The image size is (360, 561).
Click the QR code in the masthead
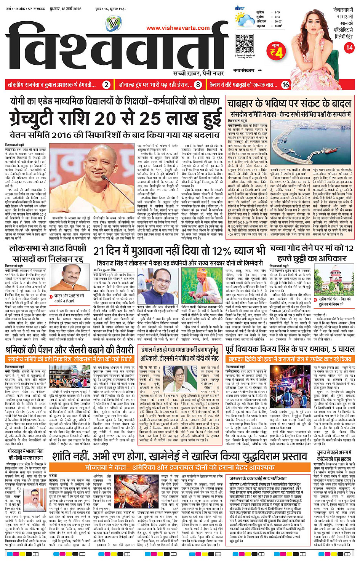tap(244, 43)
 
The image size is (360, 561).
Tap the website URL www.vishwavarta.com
tap(178, 28)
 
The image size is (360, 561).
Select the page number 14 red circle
tap(349, 48)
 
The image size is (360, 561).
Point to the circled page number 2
tap(107, 85)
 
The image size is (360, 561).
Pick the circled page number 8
tap(198, 85)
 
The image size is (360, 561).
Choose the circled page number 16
tap(285, 85)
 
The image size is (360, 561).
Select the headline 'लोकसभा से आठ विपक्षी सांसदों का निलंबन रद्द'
tap(48, 254)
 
